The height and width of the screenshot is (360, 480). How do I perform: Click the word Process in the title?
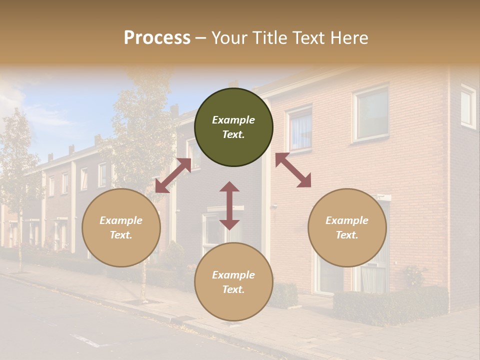coord(157,38)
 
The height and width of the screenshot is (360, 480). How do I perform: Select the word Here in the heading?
coord(348,38)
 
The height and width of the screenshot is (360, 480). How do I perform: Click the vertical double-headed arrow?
coord(229,205)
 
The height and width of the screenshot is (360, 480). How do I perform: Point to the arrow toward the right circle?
coord(293,170)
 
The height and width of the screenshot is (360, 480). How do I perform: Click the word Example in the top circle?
coord(233,120)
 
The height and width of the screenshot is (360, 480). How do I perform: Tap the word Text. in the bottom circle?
coord(233,289)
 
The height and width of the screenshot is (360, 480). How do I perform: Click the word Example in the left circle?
coord(121,220)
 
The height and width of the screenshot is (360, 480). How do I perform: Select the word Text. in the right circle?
coord(347,235)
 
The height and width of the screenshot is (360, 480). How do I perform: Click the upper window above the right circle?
coord(371,114)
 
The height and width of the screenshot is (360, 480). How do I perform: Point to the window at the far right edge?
coord(468,106)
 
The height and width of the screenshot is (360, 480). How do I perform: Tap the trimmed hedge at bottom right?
coord(390,304)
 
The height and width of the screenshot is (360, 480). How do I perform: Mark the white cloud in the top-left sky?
coord(12,95)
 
